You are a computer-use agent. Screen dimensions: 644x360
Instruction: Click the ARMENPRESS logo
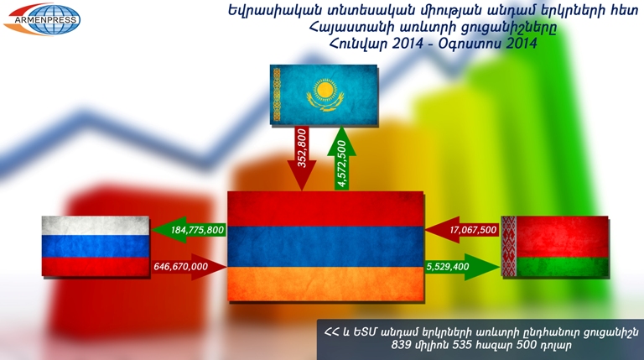click(42, 19)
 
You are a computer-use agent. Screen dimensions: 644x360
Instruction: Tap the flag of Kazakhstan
click(324, 95)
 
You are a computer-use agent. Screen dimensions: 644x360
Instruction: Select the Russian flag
click(96, 246)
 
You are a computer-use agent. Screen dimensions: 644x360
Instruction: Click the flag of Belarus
click(555, 246)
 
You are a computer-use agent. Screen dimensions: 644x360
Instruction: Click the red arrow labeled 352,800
click(302, 158)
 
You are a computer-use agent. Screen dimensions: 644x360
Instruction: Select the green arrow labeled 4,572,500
click(342, 158)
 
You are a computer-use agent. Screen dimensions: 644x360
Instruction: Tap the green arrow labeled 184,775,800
click(190, 230)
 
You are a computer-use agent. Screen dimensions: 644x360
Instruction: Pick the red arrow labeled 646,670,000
click(190, 267)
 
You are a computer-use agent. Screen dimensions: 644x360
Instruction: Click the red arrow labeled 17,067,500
click(463, 230)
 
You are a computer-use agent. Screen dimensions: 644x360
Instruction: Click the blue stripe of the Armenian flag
click(325, 247)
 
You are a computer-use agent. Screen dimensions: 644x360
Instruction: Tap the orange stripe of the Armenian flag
click(325, 284)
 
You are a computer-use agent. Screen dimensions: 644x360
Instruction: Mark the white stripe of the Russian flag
click(96, 226)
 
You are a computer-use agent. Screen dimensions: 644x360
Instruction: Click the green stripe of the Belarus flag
click(563, 267)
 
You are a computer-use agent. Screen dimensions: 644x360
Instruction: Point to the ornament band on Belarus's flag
click(508, 246)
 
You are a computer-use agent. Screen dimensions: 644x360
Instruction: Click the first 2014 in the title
click(408, 43)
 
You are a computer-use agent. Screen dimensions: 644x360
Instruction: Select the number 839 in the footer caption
click(400, 345)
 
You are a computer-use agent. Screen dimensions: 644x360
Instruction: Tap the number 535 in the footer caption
click(462, 345)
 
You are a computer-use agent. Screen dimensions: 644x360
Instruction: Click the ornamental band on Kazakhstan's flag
click(277, 95)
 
